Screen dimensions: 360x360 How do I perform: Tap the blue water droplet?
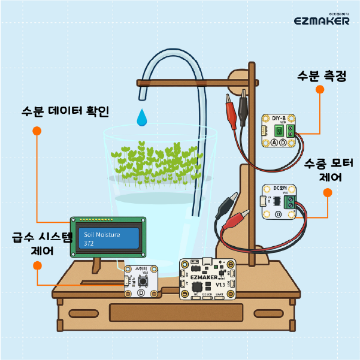pyautogui.click(x=142, y=117)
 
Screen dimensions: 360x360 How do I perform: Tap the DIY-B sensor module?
pyautogui.click(x=279, y=131)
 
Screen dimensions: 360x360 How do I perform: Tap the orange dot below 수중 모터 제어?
pyautogui.click(x=328, y=193)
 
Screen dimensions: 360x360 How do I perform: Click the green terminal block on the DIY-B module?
pyautogui.click(x=291, y=130)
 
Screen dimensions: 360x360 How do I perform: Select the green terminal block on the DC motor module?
pyautogui.click(x=292, y=200)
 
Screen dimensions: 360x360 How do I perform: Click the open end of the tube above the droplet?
pyautogui.click(x=143, y=95)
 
